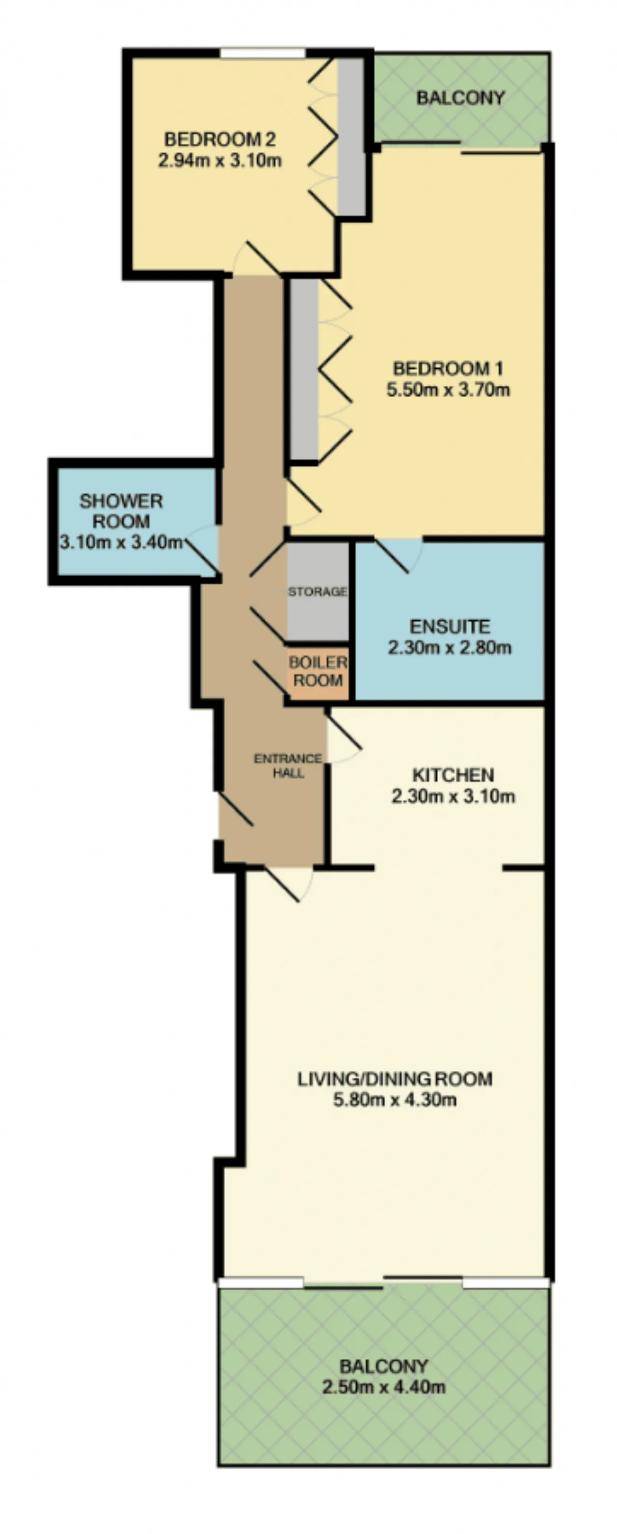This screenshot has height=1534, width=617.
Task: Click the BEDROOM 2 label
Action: click(x=220, y=139)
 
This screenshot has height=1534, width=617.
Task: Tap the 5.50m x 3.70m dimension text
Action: click(x=448, y=390)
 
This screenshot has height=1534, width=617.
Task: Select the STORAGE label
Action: click(x=318, y=592)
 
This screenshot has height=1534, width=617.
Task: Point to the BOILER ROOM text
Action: click(x=318, y=671)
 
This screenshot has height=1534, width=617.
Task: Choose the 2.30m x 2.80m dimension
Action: click(x=450, y=647)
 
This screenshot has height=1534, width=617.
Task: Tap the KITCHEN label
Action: click(x=453, y=775)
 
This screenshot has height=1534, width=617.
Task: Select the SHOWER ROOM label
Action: click(x=121, y=511)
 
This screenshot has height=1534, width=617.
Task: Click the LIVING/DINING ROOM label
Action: click(x=395, y=1078)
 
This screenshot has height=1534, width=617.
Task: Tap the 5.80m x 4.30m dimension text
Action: click(x=395, y=1099)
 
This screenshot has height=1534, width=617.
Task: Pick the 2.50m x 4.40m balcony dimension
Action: click(x=384, y=1387)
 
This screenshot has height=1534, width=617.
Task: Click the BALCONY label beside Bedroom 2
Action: click(x=460, y=98)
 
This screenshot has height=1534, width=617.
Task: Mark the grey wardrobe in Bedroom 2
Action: click(x=351, y=137)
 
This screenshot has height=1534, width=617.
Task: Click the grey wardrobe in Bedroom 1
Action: click(x=304, y=369)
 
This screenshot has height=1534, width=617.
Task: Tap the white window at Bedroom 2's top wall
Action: click(x=263, y=54)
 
